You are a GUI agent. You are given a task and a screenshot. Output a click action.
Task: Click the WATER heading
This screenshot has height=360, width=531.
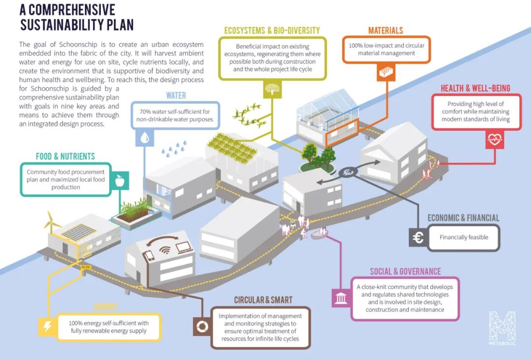click(176, 95)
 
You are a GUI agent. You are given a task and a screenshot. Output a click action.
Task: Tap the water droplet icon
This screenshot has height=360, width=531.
click(145, 139)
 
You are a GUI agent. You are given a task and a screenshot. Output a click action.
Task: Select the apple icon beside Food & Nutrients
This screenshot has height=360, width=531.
click(119, 181)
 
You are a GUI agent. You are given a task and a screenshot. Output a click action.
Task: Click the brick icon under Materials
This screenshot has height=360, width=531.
click(385, 73)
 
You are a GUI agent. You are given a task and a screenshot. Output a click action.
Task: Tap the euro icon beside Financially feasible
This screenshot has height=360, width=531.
click(418, 238)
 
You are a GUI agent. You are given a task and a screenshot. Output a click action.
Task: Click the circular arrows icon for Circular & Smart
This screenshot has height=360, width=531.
click(202, 327)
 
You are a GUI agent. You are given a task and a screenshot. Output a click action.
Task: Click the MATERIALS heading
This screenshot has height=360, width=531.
click(385, 31)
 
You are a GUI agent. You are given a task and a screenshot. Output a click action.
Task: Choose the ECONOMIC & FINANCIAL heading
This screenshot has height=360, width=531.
click(463, 218)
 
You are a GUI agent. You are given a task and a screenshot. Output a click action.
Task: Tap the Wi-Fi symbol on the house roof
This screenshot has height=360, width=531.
click(166, 248)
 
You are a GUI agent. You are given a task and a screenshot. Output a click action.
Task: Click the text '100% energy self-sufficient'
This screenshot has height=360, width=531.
click(109, 323)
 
